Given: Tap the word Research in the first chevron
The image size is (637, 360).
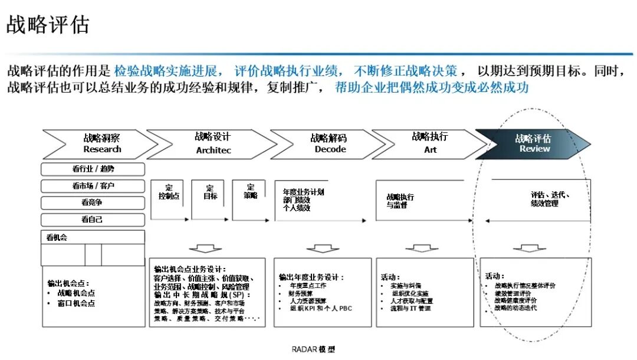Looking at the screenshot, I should [x=102, y=149].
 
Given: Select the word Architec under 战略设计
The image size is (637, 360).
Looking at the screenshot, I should [x=214, y=150].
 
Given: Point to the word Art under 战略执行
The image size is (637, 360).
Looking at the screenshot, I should [x=431, y=150].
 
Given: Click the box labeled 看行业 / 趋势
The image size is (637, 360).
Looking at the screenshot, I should [x=93, y=169].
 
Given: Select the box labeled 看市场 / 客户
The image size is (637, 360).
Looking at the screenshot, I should [x=93, y=186].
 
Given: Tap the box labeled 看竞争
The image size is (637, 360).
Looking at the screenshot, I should [x=93, y=203].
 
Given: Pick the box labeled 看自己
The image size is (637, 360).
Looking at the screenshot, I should [x=93, y=220].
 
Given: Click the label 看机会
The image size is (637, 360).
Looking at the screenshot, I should [x=58, y=238].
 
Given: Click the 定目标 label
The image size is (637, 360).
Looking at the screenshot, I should [x=210, y=192].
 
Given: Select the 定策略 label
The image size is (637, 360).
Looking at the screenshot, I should [x=250, y=192].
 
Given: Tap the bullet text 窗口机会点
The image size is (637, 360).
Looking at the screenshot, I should [x=76, y=303].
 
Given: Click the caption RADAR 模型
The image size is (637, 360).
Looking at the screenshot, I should [x=313, y=349].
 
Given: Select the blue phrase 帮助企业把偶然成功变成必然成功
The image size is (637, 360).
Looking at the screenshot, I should [x=431, y=88].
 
